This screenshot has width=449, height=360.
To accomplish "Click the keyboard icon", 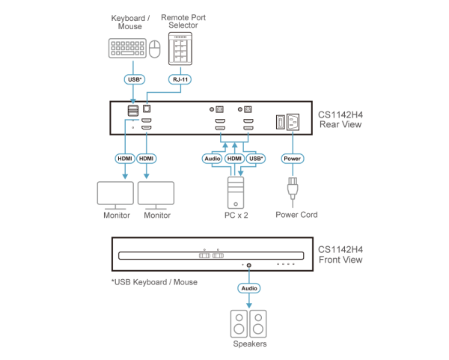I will pyautogui.click(x=127, y=49).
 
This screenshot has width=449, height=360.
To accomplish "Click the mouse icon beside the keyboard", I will pyautogui.click(x=156, y=50).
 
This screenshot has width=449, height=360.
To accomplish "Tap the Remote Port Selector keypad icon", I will pyautogui.click(x=179, y=51).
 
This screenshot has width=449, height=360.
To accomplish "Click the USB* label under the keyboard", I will pyautogui.click(x=133, y=78).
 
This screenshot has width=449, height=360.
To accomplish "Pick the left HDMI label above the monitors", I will pyautogui.click(x=124, y=159).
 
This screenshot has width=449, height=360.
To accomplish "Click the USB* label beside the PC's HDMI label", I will pyautogui.click(x=256, y=159).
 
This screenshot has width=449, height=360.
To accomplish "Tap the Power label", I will pyautogui.click(x=292, y=159).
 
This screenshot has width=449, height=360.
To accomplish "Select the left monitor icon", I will pyautogui.click(x=115, y=195).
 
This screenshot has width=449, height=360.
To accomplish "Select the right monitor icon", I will pyautogui.click(x=156, y=195).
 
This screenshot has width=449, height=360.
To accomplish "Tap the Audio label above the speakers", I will pyautogui.click(x=248, y=287).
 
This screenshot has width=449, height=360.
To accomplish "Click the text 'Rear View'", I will pyautogui.click(x=340, y=125).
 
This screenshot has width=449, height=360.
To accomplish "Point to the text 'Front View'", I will pyautogui.click(x=340, y=260).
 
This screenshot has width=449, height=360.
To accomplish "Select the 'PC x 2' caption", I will pyautogui.click(x=235, y=215).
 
